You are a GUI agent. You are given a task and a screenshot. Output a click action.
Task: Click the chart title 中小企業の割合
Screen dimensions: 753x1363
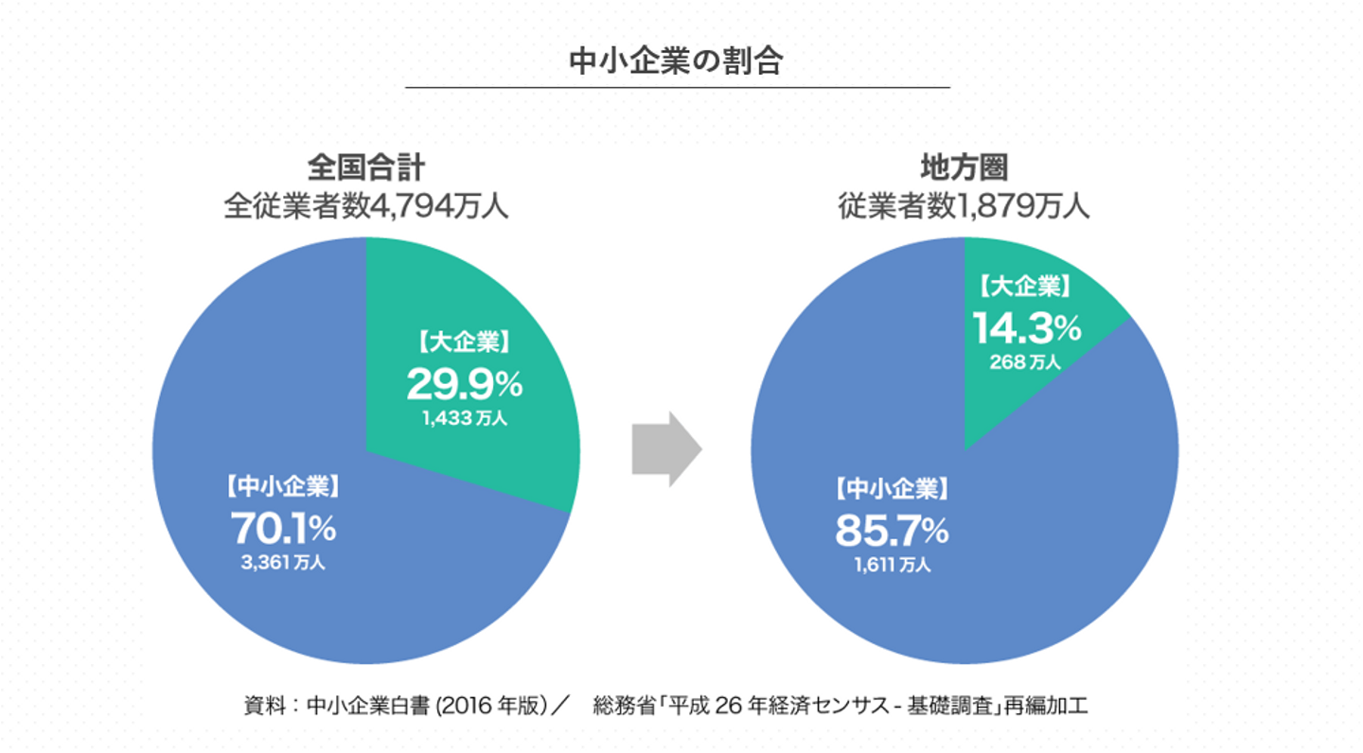click(677, 61)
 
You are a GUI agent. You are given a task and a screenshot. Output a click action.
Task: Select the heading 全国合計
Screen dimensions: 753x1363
click(365, 169)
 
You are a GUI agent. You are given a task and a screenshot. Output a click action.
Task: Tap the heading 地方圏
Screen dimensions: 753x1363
click(964, 169)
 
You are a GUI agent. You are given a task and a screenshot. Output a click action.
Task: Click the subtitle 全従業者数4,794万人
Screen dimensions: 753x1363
click(365, 206)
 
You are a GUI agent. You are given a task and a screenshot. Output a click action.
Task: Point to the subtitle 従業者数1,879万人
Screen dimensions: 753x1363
click(964, 206)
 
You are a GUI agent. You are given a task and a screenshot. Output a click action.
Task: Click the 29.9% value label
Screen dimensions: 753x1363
click(464, 384)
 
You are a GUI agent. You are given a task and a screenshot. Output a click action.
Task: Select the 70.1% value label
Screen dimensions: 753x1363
click(283, 528)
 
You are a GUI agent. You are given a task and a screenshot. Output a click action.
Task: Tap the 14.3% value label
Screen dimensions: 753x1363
click(1026, 328)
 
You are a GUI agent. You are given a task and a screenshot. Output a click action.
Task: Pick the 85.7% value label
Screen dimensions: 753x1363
click(891, 532)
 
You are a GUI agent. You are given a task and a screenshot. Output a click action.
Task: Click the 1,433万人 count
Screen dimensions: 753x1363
click(464, 418)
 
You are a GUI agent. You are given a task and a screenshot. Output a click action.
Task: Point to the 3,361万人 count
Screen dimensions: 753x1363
click(283, 562)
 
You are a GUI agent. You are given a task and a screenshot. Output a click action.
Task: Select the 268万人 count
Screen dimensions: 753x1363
click(1026, 361)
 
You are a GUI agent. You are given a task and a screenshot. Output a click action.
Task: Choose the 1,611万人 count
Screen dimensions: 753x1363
click(891, 566)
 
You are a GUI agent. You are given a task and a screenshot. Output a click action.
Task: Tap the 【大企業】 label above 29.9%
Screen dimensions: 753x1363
click(464, 341)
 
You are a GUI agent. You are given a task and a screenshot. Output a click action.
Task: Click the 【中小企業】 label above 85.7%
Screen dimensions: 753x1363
click(891, 489)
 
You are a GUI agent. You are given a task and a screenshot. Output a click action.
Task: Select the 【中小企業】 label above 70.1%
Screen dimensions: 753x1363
click(283, 486)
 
